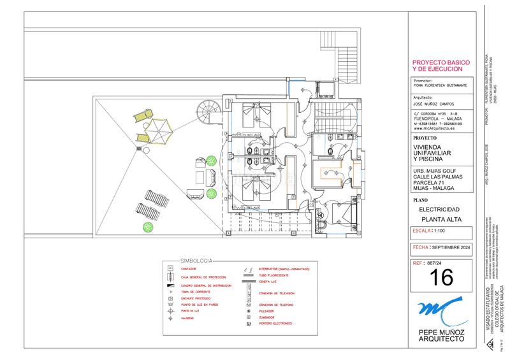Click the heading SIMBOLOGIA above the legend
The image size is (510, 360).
click(x=197, y=261)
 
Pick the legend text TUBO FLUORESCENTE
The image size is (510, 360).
click(x=273, y=275)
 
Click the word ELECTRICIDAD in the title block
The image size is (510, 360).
click(x=439, y=209)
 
